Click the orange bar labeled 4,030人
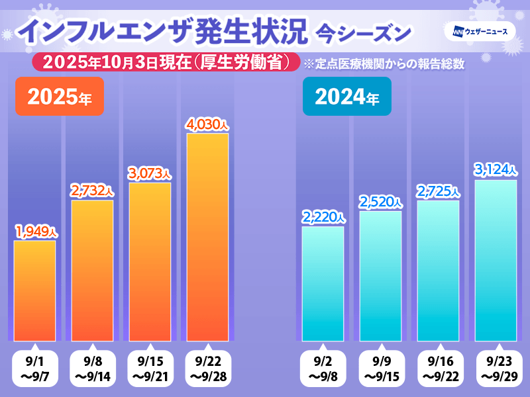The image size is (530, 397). (207, 237)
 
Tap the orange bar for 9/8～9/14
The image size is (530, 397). (92, 270)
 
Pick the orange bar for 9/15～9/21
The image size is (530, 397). (150, 261)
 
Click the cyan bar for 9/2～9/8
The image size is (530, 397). (323, 283)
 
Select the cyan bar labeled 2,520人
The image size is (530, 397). (380, 275)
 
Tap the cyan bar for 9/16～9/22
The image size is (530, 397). (438, 270)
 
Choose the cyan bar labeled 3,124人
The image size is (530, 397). (496, 260)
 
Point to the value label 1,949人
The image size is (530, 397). (36, 232)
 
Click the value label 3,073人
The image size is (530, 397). (150, 173)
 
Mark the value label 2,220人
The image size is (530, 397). (323, 217)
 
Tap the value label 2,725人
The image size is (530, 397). (438, 191)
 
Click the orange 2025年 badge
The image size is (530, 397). (60, 97)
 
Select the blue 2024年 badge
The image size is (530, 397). (346, 97)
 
